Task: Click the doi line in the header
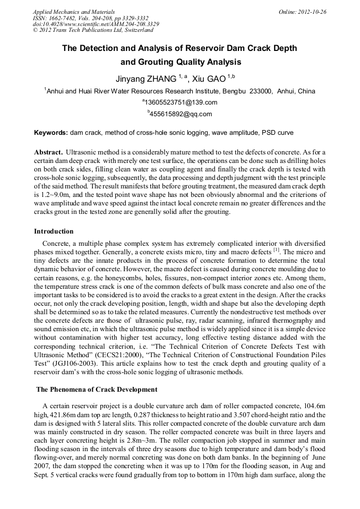96,24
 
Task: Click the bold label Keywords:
51,132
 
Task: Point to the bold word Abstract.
48,152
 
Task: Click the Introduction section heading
54,231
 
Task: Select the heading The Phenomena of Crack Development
97,390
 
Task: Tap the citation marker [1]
276,249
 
